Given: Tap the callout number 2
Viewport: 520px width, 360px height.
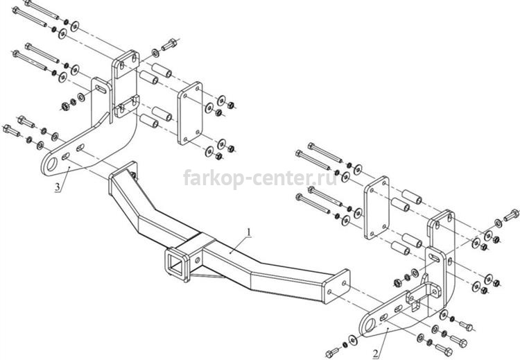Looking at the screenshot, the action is pyautogui.click(x=375, y=354).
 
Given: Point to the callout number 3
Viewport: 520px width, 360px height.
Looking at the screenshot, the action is pyautogui.click(x=58, y=187).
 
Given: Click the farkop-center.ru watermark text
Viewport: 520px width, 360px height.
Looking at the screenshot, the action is pyautogui.click(x=260, y=178).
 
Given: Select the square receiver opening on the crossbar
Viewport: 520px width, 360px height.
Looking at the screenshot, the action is pyautogui.click(x=175, y=264).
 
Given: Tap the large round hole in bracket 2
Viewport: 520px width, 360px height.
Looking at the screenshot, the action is pyautogui.click(x=370, y=325).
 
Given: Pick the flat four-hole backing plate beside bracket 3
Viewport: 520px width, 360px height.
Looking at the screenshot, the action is pyautogui.click(x=190, y=113).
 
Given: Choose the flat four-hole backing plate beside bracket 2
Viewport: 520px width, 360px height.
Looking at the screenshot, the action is pyautogui.click(x=376, y=207).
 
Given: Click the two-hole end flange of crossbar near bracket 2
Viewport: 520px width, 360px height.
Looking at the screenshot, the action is pyautogui.click(x=336, y=286).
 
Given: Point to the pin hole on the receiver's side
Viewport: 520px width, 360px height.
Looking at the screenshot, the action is pyautogui.click(x=198, y=260).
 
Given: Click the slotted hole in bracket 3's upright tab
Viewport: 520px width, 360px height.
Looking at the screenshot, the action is pyautogui.click(x=101, y=89).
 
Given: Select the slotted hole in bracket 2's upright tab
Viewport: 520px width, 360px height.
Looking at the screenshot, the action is pyautogui.click(x=435, y=258).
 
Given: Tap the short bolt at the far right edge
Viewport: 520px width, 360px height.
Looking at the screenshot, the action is pyautogui.click(x=511, y=214).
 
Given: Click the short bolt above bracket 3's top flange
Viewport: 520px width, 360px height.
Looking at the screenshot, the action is pyautogui.click(x=169, y=45).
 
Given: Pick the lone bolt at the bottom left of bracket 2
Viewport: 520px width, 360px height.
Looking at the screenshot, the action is pyautogui.click(x=333, y=352).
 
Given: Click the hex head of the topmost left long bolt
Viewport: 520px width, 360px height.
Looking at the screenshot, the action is pyautogui.click(x=28, y=3).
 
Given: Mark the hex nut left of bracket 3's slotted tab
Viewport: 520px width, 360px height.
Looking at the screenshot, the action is pyautogui.click(x=65, y=107).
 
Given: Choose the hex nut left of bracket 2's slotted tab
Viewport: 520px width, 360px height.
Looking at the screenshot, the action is pyautogui.click(x=397, y=283).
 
